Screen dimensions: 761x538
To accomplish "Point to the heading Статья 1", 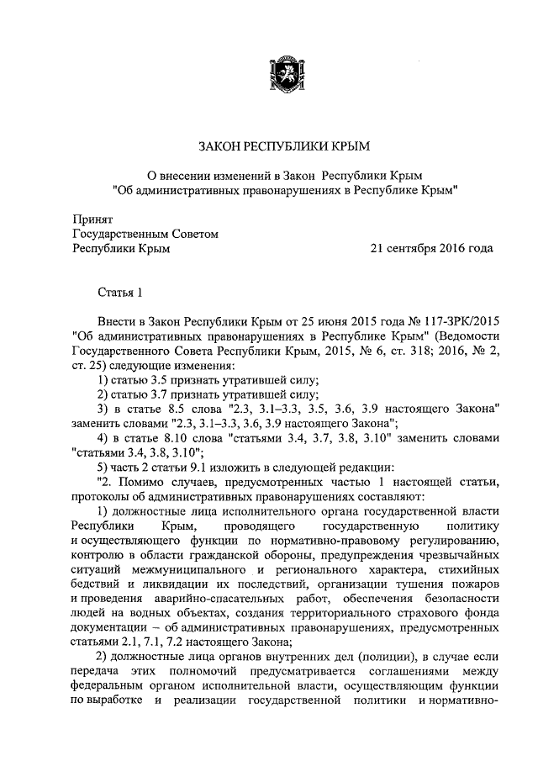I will coord(120,293).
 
